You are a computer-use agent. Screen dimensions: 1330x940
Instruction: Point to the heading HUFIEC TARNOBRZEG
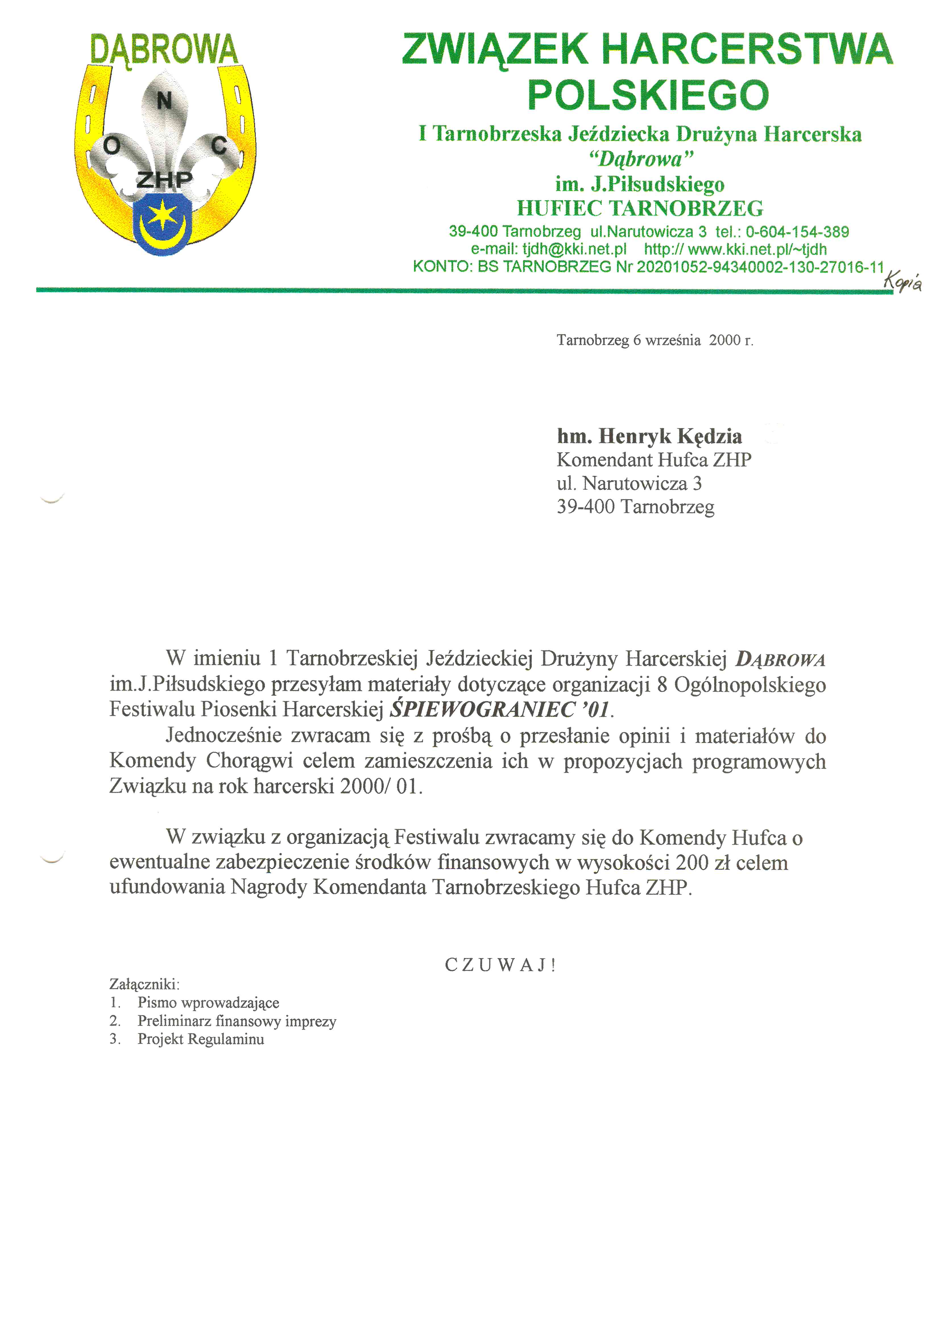[x=640, y=208]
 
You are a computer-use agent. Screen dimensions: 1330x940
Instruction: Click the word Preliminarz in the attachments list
[x=174, y=1021]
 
